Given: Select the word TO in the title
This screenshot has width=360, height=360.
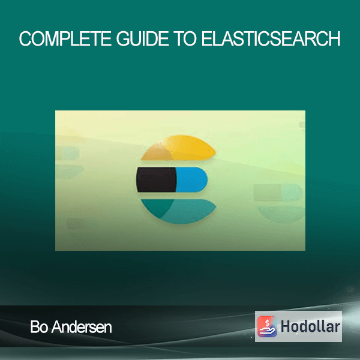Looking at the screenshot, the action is [x=185, y=38].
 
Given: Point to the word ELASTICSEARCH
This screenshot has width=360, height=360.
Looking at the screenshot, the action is [x=271, y=38].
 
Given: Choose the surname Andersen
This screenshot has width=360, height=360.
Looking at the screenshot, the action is [x=82, y=327].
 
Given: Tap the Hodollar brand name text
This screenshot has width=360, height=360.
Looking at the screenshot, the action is [x=310, y=326].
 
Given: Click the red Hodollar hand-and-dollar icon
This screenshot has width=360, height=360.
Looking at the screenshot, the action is [x=267, y=326].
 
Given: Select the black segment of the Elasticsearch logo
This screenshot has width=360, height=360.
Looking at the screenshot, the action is [x=157, y=180].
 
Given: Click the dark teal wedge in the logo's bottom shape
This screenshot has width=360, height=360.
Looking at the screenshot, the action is [x=157, y=206].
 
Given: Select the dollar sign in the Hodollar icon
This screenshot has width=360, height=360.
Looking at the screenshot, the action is [x=267, y=323].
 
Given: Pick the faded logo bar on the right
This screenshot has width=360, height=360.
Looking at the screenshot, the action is [x=278, y=193].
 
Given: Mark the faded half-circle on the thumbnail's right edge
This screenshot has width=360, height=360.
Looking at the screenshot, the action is [x=281, y=214].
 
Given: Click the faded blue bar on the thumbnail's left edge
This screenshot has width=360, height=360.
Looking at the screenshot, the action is [x=67, y=153].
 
